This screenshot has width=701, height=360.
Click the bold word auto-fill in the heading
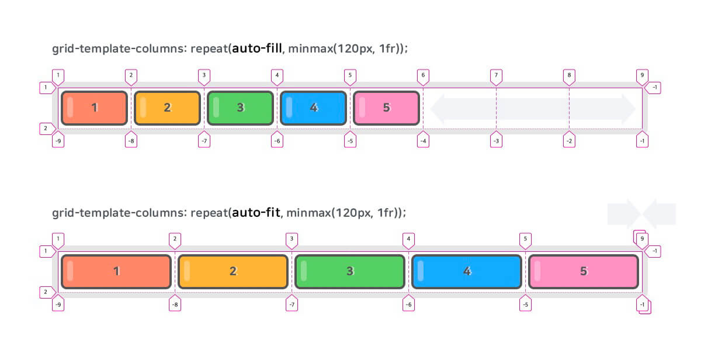(x=257, y=49)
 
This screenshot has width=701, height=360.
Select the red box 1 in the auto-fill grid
(x=94, y=108)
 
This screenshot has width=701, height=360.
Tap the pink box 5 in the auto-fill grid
(x=386, y=108)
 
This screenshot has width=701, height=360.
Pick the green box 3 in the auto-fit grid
(x=350, y=271)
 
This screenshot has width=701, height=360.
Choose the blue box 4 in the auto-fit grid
(x=467, y=271)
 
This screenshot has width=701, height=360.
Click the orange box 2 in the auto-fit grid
(x=233, y=271)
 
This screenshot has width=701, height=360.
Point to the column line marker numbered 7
(x=496, y=75)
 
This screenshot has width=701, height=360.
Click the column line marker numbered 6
(x=423, y=75)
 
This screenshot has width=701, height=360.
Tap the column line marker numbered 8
(x=569, y=75)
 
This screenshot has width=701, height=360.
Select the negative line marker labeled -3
(x=496, y=141)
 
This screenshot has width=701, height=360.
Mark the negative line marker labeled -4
(x=423, y=141)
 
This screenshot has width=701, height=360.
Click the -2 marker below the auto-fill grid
(x=569, y=141)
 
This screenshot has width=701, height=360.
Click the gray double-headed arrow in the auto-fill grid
(x=533, y=108)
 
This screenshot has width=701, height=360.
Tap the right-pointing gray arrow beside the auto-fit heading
(x=624, y=213)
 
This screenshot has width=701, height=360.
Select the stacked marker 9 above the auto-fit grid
(x=641, y=238)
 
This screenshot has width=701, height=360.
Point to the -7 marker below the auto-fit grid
(x=291, y=304)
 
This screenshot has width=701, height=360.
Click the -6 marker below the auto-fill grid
(x=277, y=141)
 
